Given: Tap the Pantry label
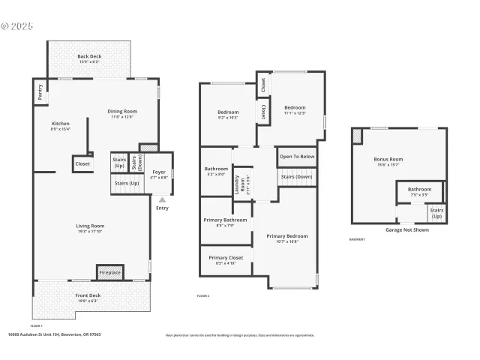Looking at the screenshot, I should point(40,91).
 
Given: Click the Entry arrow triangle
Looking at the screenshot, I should point(162,199).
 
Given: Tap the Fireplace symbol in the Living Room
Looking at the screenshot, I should point(109,272).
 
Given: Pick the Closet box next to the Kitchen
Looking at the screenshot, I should point(82,163).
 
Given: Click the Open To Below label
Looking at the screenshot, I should point(297,157).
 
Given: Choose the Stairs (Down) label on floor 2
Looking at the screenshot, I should point(297,178).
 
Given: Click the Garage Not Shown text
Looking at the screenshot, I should point(407,229).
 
